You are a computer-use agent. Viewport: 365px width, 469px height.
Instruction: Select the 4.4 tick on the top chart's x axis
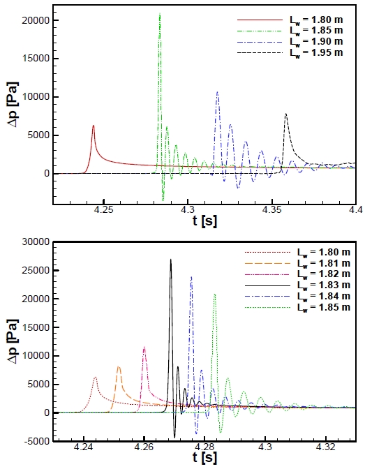point(352,210)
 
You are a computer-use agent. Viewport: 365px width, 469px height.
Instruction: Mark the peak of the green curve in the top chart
point(159,14)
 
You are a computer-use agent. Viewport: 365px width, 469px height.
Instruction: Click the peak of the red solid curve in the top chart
point(94,126)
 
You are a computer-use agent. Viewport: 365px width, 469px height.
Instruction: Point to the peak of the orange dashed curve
point(119,366)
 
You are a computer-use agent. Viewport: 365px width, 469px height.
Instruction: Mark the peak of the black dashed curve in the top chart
point(285,114)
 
